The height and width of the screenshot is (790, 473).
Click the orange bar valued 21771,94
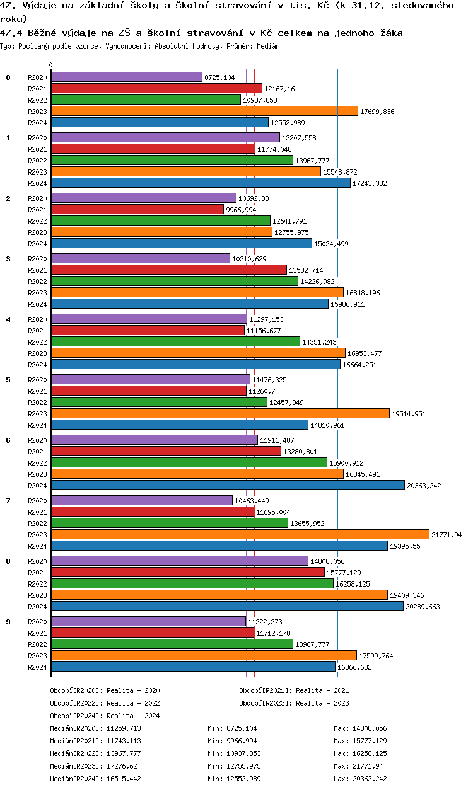[x=240, y=534]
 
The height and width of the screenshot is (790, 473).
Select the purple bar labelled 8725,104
[x=126, y=77]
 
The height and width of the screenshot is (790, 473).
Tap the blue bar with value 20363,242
[x=227, y=485]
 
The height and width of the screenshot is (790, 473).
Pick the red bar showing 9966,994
[x=137, y=209]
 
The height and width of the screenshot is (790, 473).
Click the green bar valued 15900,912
[x=189, y=462]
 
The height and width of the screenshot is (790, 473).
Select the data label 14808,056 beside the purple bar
[x=327, y=561]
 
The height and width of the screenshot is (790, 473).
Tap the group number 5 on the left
[x=8, y=380]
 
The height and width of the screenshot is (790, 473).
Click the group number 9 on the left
[x=8, y=622]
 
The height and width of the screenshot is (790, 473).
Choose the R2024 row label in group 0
[x=38, y=123]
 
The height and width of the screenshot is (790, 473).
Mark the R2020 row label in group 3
[x=38, y=259]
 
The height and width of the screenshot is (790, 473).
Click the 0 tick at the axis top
[x=51, y=65]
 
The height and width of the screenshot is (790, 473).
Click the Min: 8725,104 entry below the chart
[x=231, y=728]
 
